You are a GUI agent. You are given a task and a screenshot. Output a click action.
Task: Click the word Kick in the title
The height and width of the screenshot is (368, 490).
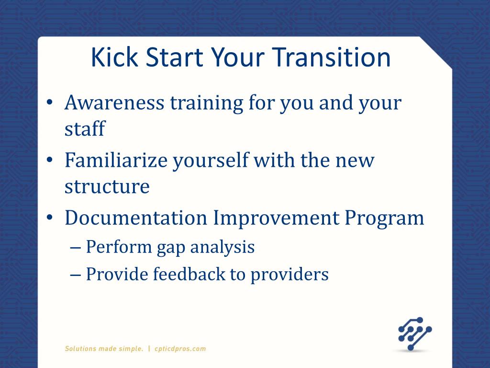114,57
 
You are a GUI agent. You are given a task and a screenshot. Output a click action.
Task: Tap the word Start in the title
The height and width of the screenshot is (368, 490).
174,57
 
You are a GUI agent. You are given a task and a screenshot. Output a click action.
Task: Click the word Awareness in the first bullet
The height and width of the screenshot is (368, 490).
114,103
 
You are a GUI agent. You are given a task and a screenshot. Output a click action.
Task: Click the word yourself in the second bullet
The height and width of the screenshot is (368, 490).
211,161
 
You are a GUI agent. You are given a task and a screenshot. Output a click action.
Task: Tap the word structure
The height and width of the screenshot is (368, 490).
107,186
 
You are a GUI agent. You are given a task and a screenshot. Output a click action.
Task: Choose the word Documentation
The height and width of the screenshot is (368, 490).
136,218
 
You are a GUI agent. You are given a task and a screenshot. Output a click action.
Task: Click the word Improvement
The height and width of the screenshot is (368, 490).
276,218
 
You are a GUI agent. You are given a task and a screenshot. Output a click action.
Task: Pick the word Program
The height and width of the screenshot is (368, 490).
384,218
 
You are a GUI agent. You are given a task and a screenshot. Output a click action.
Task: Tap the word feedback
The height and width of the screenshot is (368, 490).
189,274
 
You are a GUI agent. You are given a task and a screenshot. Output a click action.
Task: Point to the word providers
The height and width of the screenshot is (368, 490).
290,275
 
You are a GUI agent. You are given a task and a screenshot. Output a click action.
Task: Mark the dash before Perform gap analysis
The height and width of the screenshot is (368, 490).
75,248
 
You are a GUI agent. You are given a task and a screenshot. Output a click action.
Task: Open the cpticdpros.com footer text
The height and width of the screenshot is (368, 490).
180,349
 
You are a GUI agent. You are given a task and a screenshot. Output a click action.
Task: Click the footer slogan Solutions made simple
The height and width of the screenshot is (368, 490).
104,349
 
